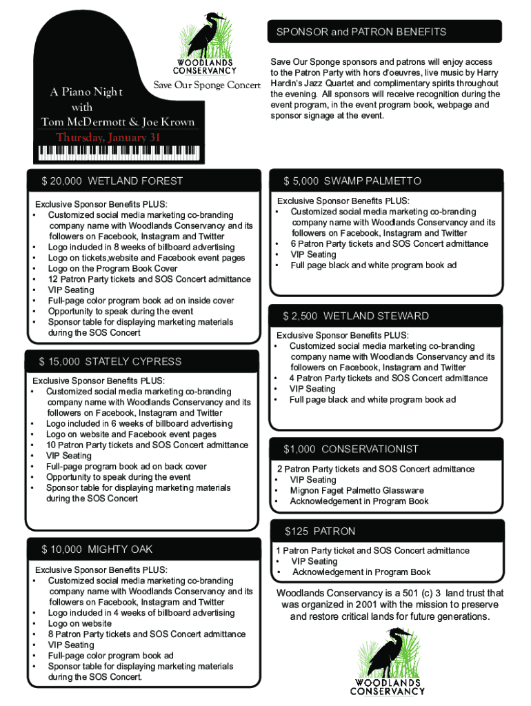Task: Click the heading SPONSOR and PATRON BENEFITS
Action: tap(361, 32)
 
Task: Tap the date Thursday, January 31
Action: tap(108, 137)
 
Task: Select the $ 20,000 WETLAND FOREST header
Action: tap(112, 181)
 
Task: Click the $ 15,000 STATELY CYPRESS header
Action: tap(110, 361)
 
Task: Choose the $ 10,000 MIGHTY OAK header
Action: tap(97, 549)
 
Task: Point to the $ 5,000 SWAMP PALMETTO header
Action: tap(352, 181)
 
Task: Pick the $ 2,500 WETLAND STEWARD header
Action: tap(356, 316)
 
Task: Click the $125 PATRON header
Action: tap(321, 532)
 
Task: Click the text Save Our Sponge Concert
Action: tap(206, 85)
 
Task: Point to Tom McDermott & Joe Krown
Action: tap(117, 122)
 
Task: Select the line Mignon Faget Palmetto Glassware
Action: tap(357, 491)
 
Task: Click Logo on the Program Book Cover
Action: tap(112, 269)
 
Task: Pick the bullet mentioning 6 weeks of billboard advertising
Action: tap(139, 424)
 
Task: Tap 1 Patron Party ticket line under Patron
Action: tap(372, 551)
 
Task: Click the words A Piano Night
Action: tap(86, 93)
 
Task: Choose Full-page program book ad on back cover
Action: tap(126, 467)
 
